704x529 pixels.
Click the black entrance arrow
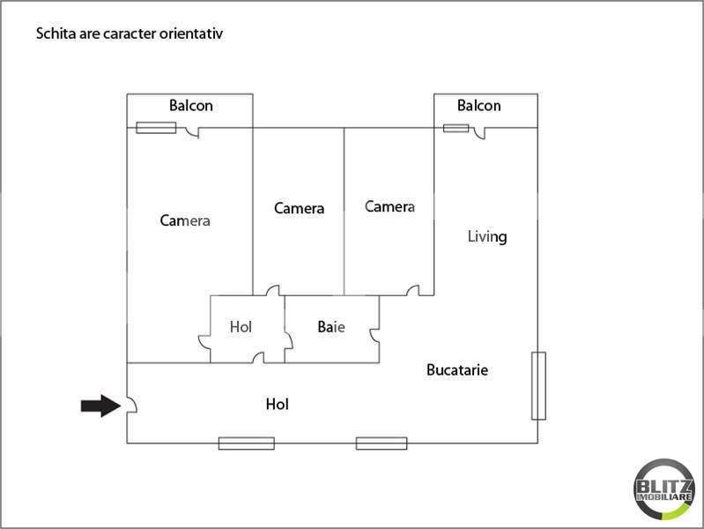pos(101,406)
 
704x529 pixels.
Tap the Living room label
pos(487,236)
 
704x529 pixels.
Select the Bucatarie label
pos(457,370)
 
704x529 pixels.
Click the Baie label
pos(331,327)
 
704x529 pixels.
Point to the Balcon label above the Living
pos(479,106)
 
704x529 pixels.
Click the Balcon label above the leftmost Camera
pos(191,106)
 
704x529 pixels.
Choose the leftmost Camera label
pos(185,220)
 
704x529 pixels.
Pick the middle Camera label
pos(299,209)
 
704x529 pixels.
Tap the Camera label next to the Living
pos(389,206)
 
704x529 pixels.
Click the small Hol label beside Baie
pos(241,327)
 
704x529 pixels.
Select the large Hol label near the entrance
pos(277,404)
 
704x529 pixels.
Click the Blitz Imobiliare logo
pos(664,489)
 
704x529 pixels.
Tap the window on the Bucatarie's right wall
pos(538,386)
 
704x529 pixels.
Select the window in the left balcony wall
pos(156,128)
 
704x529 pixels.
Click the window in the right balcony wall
pos(456,128)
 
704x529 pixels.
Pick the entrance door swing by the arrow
pos(132,405)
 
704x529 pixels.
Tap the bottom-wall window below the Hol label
pos(247,443)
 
